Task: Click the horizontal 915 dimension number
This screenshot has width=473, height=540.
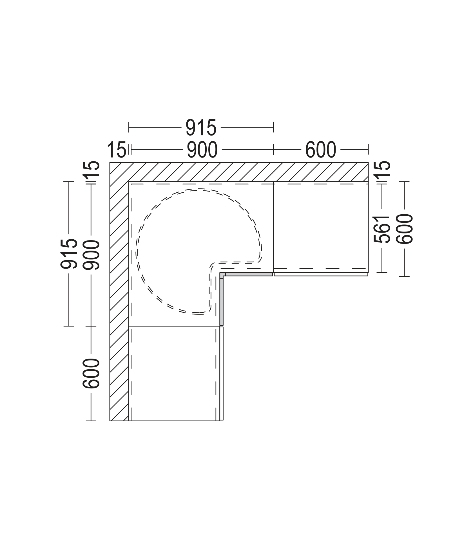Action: point(201,128)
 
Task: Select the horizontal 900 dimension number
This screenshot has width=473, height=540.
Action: point(202,150)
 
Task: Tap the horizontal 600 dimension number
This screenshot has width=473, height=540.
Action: point(321,150)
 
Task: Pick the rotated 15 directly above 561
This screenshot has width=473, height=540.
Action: point(381,168)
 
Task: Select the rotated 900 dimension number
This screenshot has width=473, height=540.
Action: point(91,255)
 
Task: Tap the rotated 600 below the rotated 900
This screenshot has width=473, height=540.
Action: point(91,373)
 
